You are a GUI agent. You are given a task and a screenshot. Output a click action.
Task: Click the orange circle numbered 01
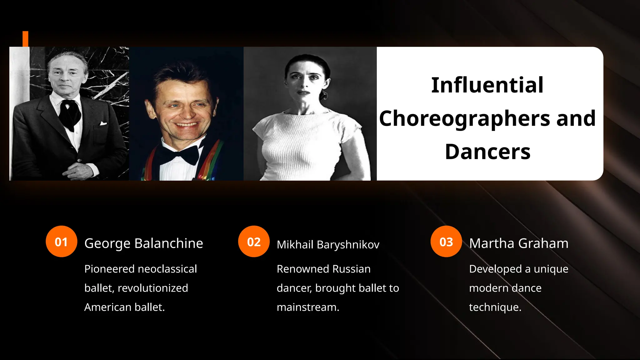pyautogui.click(x=61, y=242)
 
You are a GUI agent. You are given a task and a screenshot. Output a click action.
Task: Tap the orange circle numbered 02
pyautogui.click(x=254, y=242)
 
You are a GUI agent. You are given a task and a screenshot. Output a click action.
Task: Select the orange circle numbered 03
pyautogui.click(x=446, y=242)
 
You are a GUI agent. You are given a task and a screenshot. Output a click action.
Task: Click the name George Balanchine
pyautogui.click(x=144, y=243)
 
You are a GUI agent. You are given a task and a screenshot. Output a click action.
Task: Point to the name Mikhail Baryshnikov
pyautogui.click(x=328, y=244)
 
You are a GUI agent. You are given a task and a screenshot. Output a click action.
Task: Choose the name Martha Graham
pyautogui.click(x=519, y=243)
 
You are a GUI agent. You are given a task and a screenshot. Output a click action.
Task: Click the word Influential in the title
pyautogui.click(x=487, y=85)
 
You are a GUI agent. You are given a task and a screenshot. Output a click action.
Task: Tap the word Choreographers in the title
pyautogui.click(x=464, y=119)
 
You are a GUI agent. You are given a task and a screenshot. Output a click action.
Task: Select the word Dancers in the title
pyautogui.click(x=487, y=152)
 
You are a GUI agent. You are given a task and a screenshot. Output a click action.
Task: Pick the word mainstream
pyautogui.click(x=308, y=307)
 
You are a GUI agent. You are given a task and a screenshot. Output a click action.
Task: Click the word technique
pyautogui.click(x=495, y=307)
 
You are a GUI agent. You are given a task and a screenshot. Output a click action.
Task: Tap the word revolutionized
pyautogui.click(x=153, y=288)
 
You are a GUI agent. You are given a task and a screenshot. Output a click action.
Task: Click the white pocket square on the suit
pyautogui.click(x=103, y=124)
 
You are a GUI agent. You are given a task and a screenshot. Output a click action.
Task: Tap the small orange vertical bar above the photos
pyautogui.click(x=25, y=39)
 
